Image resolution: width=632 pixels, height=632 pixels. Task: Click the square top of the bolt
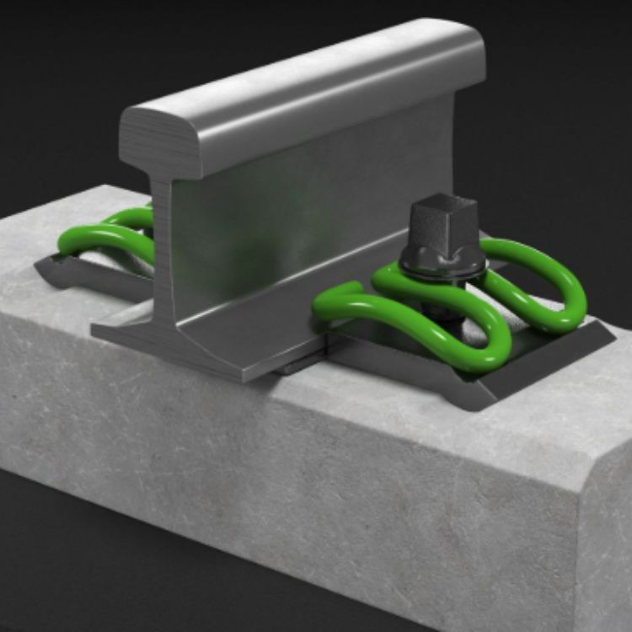[444, 206]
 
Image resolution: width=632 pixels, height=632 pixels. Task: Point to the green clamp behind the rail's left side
[110, 236]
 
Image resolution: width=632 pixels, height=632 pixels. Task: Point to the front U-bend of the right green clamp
[480, 354]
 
